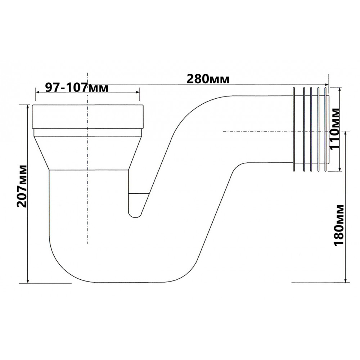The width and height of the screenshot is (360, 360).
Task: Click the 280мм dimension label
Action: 208,79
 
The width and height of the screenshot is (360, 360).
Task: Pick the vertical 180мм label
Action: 339,225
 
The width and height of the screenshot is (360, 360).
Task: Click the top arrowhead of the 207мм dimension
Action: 28,107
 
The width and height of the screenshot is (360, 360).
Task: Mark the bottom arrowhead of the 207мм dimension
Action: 28,280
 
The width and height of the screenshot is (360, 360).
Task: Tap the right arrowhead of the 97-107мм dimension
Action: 137,92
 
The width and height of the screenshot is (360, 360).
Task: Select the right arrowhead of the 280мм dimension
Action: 326,85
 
